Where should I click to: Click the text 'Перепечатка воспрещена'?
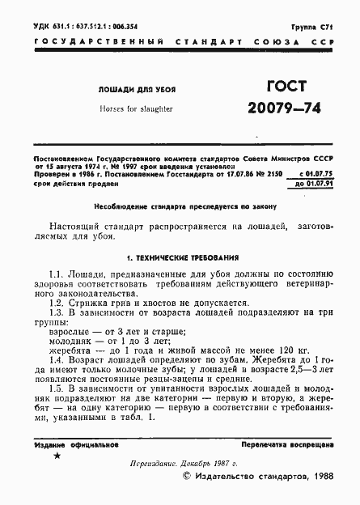coord(287,444)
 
